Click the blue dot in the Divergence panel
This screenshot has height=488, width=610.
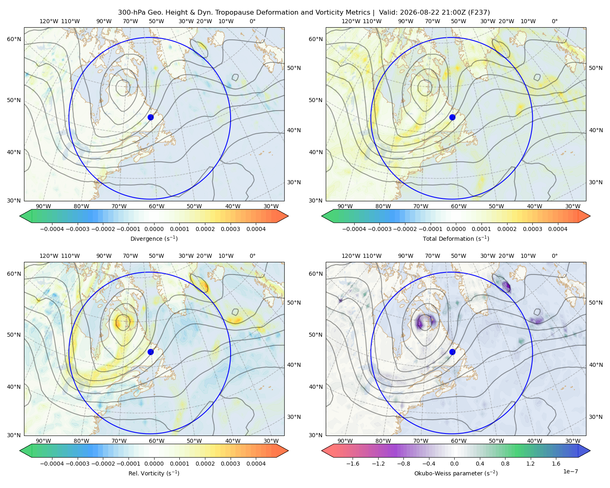click(x=150, y=117)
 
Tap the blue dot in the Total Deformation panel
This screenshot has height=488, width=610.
click(x=452, y=117)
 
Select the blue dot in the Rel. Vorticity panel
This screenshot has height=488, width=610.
click(x=150, y=352)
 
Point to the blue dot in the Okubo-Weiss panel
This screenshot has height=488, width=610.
click(x=452, y=352)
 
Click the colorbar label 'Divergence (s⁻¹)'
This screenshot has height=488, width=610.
click(x=154, y=238)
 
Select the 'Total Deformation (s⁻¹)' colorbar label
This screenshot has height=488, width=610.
click(x=456, y=238)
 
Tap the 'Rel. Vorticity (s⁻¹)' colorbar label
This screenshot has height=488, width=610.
click(x=154, y=473)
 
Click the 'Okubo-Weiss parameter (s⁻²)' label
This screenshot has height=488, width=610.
click(x=456, y=473)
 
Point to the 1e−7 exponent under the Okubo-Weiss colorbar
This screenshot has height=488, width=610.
click(x=570, y=471)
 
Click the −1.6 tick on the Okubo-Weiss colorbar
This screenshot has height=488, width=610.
click(x=353, y=464)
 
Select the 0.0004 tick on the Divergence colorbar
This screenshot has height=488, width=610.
click(x=256, y=229)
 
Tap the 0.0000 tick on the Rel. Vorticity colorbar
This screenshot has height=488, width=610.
click(x=154, y=464)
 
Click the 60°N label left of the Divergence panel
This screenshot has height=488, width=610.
click(x=14, y=39)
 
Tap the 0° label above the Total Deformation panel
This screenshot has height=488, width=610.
click(x=554, y=21)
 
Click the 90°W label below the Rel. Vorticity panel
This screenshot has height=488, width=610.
click(x=44, y=441)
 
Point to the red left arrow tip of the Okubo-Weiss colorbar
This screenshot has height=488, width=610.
click(x=322, y=451)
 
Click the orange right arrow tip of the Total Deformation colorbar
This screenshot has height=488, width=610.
click(x=590, y=216)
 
